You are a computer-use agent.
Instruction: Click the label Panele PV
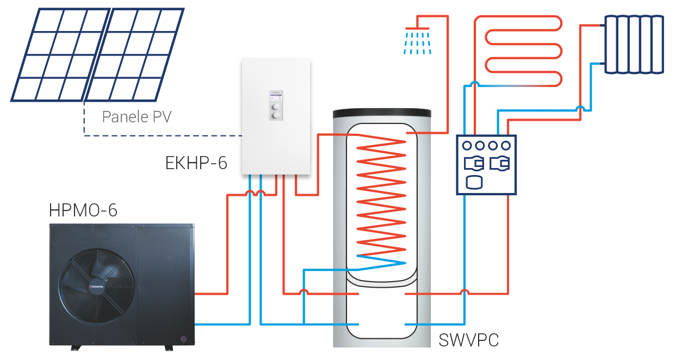click(x=137, y=117)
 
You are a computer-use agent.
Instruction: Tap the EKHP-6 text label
click(x=196, y=163)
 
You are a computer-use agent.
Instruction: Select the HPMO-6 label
click(x=83, y=210)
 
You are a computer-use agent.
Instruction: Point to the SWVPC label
click(x=468, y=341)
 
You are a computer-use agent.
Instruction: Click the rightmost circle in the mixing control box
click(x=506, y=145)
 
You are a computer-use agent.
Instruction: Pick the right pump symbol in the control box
click(x=499, y=163)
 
